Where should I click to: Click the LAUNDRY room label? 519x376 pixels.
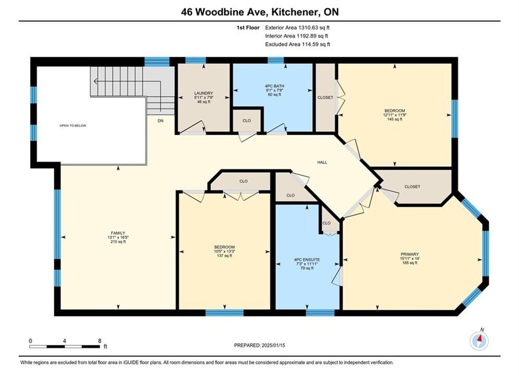[x=203, y=93]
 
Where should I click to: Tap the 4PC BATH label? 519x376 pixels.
[x=274, y=86]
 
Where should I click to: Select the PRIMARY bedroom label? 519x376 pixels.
[x=409, y=254]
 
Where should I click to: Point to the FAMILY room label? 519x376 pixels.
[x=118, y=233]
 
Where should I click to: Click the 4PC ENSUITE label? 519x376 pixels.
[x=307, y=260]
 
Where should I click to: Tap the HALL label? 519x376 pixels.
[x=322, y=162]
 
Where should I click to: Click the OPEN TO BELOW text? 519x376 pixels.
[x=73, y=125]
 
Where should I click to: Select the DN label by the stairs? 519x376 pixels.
[x=161, y=121]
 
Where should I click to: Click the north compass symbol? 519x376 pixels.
[x=479, y=340]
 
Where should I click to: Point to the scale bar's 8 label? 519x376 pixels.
[x=100, y=340]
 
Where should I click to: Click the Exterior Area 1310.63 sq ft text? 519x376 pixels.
[x=297, y=28]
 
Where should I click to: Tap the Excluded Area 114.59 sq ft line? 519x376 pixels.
[x=297, y=44]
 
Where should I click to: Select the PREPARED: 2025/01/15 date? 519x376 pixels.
[x=260, y=345]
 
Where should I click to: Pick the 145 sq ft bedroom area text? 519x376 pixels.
[x=394, y=119]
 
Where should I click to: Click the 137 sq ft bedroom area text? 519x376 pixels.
[x=224, y=256]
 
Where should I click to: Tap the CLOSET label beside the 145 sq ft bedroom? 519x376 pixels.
[x=325, y=98]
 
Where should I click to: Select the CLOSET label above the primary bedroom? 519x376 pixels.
[x=413, y=186]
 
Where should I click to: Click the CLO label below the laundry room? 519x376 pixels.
[x=247, y=121]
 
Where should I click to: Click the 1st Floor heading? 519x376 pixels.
[x=248, y=28]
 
